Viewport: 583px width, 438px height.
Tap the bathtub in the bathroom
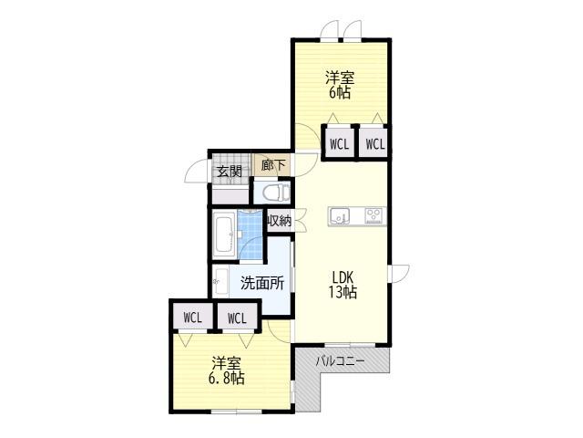(x=224, y=235)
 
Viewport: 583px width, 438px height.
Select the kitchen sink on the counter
(x=339, y=216)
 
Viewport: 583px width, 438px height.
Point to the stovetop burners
(x=373, y=215)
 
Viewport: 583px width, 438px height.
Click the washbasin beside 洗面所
(x=220, y=281)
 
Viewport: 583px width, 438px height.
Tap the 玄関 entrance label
(x=230, y=172)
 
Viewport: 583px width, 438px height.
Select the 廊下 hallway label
(x=273, y=165)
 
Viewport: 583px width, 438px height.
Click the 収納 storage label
(x=280, y=221)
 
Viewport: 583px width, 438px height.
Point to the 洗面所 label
(x=262, y=283)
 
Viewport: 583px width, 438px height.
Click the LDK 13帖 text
(x=343, y=285)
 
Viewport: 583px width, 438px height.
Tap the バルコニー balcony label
(x=340, y=361)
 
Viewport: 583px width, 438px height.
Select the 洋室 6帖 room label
(x=340, y=85)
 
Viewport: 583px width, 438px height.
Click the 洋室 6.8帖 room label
(x=227, y=370)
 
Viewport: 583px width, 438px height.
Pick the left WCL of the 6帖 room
(x=340, y=144)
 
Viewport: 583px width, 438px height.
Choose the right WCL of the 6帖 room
(x=375, y=144)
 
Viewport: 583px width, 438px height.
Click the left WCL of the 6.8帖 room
(x=193, y=318)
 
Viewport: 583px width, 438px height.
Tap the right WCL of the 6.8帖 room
(x=237, y=318)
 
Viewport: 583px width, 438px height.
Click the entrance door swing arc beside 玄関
(x=195, y=171)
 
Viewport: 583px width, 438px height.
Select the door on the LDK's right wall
(x=399, y=274)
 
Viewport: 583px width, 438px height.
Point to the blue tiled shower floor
(x=251, y=235)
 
